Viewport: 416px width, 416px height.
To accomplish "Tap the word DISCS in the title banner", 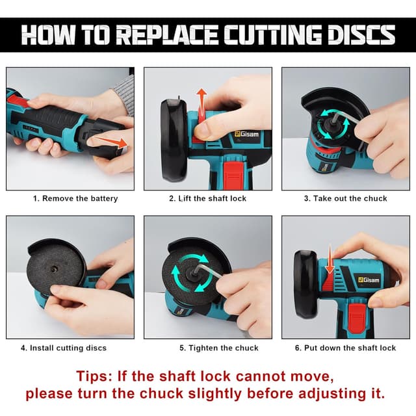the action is tap(361, 34).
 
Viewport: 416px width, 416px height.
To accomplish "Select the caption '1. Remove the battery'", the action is tap(75, 199).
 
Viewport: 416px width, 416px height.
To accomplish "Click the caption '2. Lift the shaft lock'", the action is tap(208, 199).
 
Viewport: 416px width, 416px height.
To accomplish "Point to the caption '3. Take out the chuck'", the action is tap(345, 199).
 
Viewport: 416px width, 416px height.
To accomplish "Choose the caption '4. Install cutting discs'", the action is tap(64, 348).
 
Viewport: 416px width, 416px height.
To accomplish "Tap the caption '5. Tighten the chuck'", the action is tap(219, 348).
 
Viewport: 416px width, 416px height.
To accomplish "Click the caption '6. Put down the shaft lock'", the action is tap(345, 348).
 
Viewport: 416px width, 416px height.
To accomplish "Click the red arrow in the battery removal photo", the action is tap(111, 142).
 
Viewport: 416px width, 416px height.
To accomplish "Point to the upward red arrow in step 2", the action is tap(202, 103).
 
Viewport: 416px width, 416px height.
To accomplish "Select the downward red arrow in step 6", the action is tap(330, 259).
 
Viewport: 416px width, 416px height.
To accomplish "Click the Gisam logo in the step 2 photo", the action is tap(247, 134).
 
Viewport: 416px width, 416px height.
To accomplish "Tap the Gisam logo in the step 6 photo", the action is tap(369, 280).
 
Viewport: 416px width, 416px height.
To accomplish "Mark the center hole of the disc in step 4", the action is tap(54, 269).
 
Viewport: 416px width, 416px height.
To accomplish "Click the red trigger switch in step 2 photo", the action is tap(233, 175).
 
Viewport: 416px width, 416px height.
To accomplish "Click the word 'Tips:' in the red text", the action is tap(94, 376).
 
